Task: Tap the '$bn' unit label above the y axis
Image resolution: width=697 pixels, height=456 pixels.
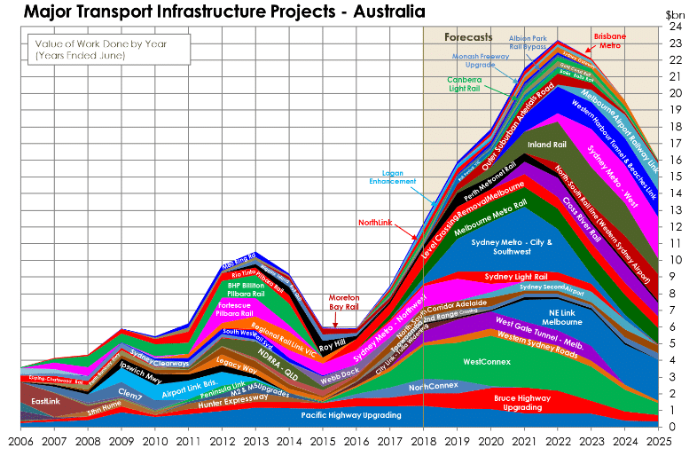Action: pyautogui.click(x=676, y=13)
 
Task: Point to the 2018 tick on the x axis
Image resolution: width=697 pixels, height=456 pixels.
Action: pyautogui.click(x=424, y=440)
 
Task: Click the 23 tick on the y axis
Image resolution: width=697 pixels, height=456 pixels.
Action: pyautogui.click(x=675, y=43)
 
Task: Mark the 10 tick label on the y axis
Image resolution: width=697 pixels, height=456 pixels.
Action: pyautogui.click(x=675, y=260)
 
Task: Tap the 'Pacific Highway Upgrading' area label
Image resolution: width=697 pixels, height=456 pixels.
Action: pyautogui.click(x=351, y=414)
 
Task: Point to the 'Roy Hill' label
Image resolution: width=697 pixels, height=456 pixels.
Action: pyautogui.click(x=332, y=346)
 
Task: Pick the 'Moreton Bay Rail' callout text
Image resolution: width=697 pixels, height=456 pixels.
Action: pyautogui.click(x=344, y=302)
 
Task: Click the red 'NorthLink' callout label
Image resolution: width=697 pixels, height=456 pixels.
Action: pyautogui.click(x=376, y=222)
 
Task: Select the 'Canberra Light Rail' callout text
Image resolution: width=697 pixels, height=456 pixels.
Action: pyautogui.click(x=471, y=84)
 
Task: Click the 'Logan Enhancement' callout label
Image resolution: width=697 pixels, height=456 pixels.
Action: pyautogui.click(x=393, y=177)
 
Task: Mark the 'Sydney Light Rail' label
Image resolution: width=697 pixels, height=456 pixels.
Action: pyautogui.click(x=516, y=276)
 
